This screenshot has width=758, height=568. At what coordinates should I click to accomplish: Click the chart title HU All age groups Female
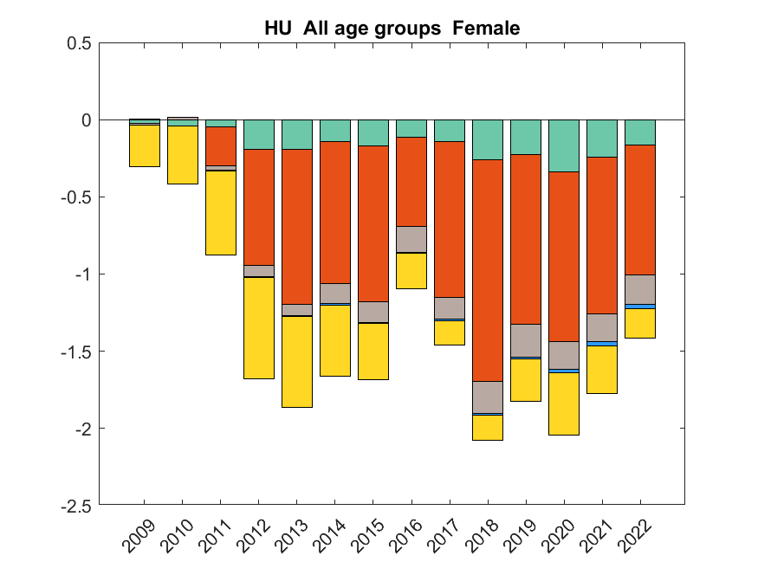coord(392,29)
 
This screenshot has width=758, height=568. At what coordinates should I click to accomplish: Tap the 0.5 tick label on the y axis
coord(79,43)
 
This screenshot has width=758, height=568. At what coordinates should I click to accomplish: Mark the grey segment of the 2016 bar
coord(411,239)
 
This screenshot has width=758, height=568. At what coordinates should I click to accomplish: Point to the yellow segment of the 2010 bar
coord(183,155)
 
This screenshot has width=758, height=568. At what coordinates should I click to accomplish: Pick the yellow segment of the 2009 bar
coord(145,145)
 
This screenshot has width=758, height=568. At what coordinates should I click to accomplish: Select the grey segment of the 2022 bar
coord(640,289)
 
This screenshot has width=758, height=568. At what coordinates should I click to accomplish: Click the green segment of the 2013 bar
coord(297,134)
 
